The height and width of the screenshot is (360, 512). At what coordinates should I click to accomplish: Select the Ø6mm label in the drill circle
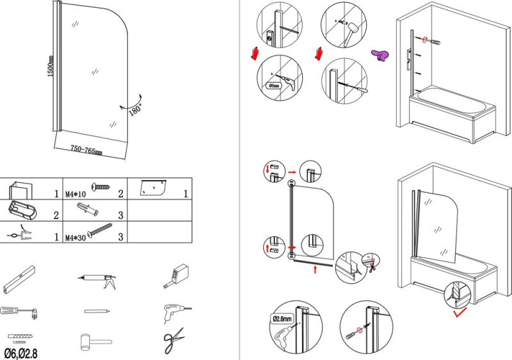click(x=273, y=85)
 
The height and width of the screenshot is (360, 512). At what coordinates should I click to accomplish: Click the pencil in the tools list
click(x=94, y=311)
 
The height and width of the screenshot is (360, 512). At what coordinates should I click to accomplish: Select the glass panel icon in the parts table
click(x=153, y=188)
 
